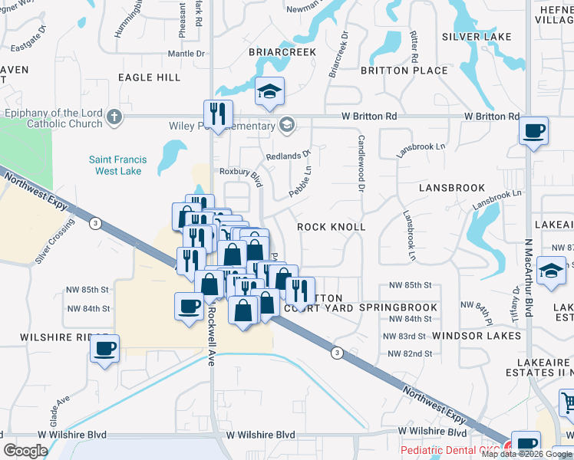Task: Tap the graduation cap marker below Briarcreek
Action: pos(269,92)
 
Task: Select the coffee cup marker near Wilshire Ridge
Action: pos(104,349)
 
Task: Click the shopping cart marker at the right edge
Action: pos(566,400)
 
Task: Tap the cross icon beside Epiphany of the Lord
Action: pos(114,117)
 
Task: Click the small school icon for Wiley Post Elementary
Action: pos(286,126)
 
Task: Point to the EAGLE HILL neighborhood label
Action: pos(150,77)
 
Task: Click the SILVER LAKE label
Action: pos(477,37)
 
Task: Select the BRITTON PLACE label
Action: pos(404,71)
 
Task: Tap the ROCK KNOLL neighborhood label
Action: pos(332,227)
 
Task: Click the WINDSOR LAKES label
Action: pos(477,336)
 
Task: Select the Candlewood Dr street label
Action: pos(360,159)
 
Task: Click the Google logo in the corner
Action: pos(26,451)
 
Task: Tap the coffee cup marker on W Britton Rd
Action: pos(533,130)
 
